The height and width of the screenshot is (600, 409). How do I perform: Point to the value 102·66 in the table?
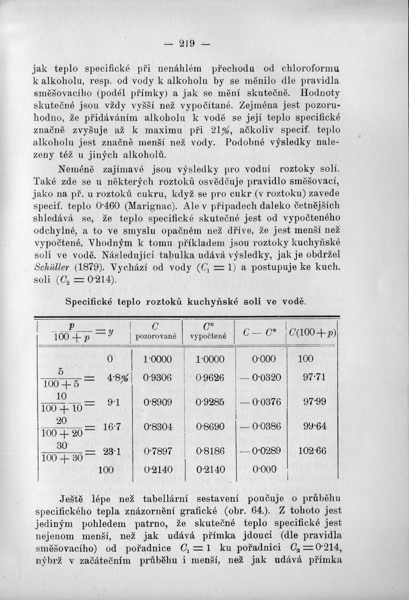(x=312, y=451)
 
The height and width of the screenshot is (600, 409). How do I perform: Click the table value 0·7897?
(x=157, y=451)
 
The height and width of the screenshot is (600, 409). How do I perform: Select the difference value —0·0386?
(x=263, y=426)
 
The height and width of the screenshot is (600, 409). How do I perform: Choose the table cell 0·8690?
(x=207, y=426)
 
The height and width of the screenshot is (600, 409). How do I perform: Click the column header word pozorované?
(x=155, y=337)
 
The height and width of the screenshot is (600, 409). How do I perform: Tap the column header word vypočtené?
(x=208, y=337)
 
